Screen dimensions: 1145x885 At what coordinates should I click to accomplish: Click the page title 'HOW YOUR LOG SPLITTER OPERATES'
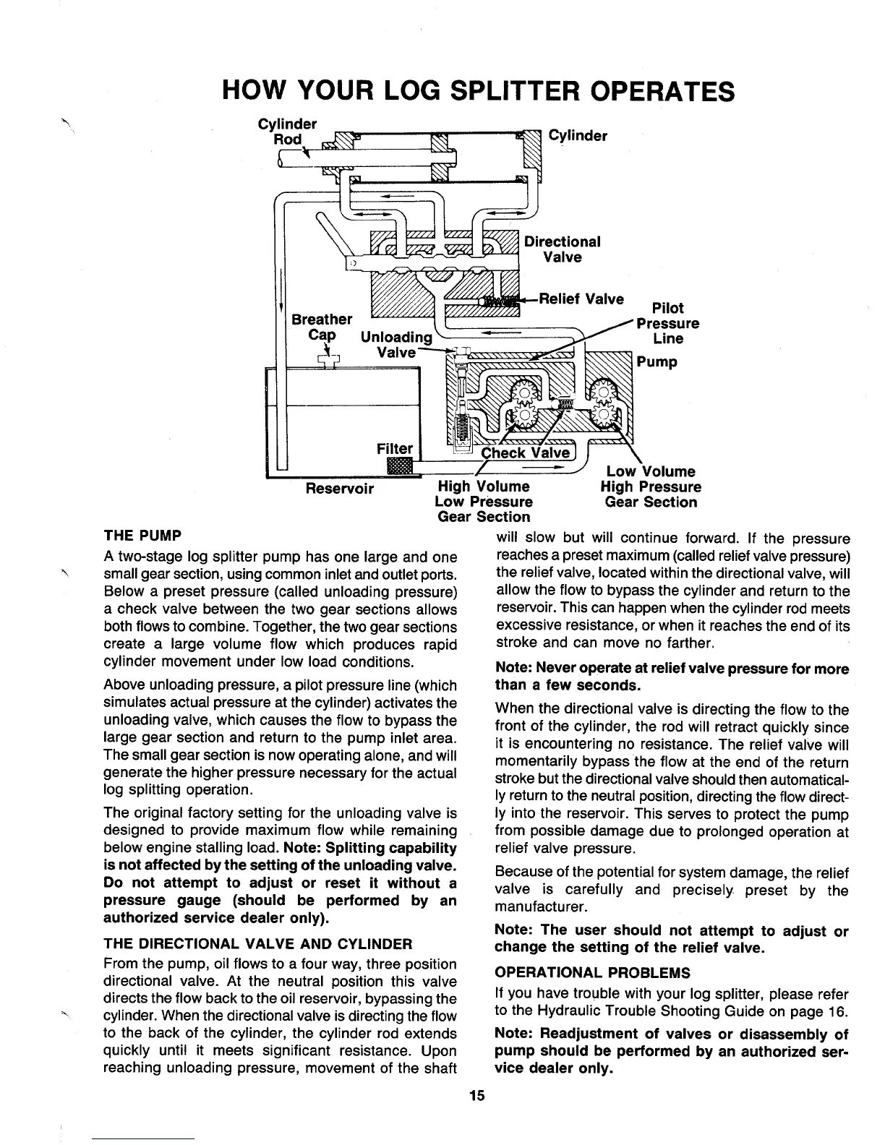tap(478, 92)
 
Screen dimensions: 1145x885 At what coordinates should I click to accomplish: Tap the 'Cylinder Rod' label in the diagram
tap(283, 131)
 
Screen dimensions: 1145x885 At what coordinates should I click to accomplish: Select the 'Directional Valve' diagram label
tap(563, 249)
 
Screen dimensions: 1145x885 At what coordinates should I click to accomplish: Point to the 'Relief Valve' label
tap(585, 299)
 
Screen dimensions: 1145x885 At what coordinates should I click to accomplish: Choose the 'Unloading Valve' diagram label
tap(396, 345)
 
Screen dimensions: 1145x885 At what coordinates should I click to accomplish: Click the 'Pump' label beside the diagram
tap(657, 361)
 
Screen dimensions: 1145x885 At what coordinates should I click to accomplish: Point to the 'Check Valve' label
tap(526, 453)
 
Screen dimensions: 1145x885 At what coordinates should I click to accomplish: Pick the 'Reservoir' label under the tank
tap(340, 489)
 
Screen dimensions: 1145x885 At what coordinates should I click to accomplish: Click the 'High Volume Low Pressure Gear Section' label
tap(484, 502)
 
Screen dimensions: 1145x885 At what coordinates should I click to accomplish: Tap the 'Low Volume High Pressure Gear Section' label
tap(651, 487)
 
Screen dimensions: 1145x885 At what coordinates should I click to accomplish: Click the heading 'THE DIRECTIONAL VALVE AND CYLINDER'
tap(258, 944)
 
